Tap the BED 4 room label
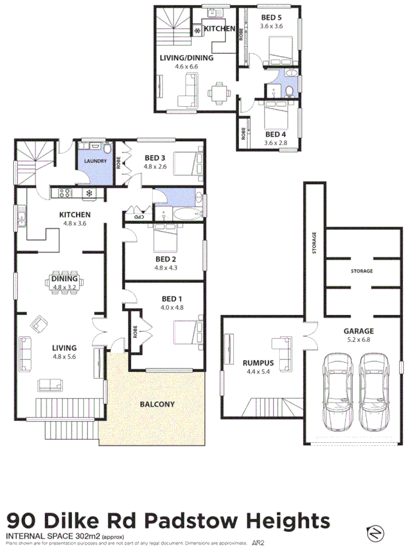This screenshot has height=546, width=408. point(276,134)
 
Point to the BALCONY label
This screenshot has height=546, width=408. point(157,404)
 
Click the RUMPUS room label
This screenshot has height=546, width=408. point(258,362)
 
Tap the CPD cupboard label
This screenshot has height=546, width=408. point(139,215)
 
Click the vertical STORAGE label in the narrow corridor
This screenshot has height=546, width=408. point(315,243)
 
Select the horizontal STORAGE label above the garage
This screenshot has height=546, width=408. point(361,270)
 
